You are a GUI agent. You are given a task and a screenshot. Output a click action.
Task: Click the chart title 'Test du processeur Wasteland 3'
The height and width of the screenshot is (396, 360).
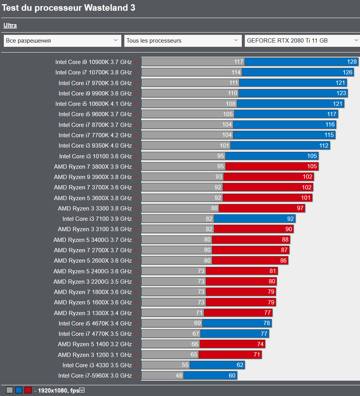(69, 8)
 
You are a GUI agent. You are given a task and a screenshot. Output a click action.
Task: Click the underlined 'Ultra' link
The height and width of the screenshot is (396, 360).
(10, 26)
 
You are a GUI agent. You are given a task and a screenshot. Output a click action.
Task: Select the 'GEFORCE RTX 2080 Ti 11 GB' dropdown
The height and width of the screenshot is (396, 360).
(302, 40)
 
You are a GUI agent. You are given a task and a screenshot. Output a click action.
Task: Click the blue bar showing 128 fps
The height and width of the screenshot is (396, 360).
(301, 62)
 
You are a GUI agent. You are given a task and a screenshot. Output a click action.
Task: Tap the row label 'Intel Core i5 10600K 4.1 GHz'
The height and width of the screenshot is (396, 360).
(93, 104)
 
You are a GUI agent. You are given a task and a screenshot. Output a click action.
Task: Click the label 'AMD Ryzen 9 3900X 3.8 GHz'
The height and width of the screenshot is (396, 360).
(92, 177)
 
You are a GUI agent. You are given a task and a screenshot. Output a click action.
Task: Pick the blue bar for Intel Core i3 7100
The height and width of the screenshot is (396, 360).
(254, 219)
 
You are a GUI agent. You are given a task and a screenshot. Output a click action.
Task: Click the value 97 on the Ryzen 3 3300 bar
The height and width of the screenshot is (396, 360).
(300, 209)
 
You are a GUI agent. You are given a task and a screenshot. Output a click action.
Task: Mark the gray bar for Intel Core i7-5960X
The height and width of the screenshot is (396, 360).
(162, 376)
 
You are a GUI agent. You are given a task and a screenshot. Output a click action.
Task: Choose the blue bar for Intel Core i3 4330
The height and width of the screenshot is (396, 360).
(217, 365)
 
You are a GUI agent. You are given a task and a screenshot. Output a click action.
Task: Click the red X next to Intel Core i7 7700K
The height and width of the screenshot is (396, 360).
(135, 135)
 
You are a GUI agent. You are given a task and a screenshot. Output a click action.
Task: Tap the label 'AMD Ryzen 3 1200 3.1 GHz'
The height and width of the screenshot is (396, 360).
(95, 355)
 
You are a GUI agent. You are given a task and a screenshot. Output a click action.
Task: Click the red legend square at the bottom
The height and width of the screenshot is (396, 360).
(28, 390)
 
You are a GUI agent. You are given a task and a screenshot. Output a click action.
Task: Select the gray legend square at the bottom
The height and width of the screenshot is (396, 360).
(10, 390)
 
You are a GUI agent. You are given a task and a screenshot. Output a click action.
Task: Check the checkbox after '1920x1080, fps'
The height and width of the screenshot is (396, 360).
(81, 390)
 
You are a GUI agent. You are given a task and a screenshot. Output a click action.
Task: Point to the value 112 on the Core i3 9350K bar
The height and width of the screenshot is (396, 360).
(324, 146)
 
